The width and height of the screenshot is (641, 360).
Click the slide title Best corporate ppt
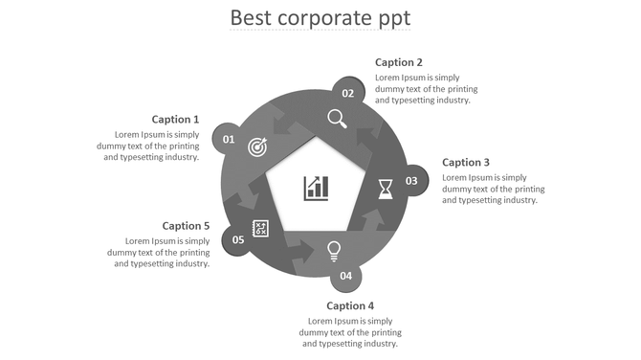point(320,18)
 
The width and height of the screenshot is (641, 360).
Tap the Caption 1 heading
point(175,120)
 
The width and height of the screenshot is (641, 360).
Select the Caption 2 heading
point(399,62)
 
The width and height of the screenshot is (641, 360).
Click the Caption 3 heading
point(466,163)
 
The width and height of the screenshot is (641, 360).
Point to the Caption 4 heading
point(350,306)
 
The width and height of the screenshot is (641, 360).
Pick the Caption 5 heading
point(186,226)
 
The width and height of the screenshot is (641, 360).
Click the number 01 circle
point(229,140)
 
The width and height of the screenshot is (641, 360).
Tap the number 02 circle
point(348,93)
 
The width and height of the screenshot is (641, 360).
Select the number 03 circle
point(411,181)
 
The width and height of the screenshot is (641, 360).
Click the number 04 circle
point(345,276)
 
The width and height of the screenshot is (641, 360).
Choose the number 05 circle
point(238,239)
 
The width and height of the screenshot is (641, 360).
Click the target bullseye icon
point(257,146)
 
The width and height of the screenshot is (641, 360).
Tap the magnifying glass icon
point(337,118)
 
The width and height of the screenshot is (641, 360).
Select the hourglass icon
point(385,187)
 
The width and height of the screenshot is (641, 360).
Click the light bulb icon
point(334,251)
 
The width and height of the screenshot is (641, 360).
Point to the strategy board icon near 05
point(260,229)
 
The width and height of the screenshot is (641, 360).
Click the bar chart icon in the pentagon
point(317,188)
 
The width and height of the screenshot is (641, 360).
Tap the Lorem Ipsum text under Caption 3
point(493,189)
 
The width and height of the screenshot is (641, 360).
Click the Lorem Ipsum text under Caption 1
point(148,146)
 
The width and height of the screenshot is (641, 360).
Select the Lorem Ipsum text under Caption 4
point(350,331)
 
